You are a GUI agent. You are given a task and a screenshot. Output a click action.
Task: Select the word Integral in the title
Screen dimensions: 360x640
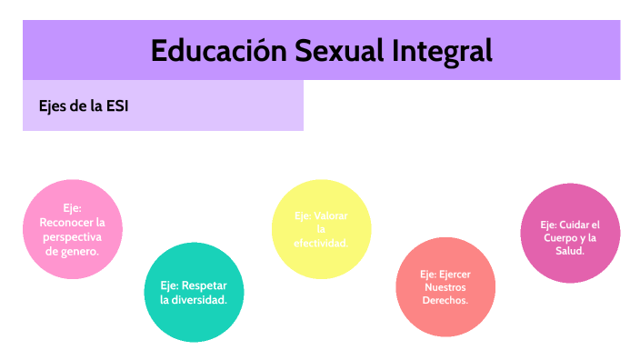click(443, 51)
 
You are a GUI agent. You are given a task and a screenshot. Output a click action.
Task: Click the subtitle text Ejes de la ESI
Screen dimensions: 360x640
click(84, 105)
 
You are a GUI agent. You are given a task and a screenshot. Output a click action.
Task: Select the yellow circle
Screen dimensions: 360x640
click(321, 229)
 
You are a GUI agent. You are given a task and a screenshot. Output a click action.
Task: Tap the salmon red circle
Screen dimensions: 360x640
click(445, 286)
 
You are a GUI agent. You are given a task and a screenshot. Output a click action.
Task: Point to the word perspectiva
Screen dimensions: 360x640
click(71, 236)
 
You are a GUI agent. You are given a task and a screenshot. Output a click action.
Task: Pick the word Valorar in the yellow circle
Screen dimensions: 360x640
click(330, 215)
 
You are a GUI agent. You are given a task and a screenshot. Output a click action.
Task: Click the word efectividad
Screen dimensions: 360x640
click(321, 244)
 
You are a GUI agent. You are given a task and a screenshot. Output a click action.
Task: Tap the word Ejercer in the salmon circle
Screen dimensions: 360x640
click(455, 273)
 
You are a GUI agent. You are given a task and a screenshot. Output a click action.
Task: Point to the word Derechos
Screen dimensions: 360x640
click(445, 300)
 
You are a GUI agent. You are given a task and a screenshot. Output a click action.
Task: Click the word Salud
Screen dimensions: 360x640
click(570, 252)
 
